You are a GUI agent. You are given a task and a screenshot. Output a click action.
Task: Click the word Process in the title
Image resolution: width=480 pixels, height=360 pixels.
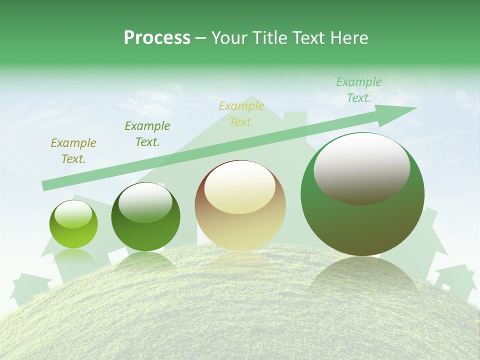(157, 38)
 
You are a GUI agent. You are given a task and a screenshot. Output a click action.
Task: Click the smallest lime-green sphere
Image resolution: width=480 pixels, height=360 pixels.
(73, 225)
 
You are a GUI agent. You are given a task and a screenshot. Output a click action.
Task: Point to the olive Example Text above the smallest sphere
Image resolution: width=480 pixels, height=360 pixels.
(73, 151)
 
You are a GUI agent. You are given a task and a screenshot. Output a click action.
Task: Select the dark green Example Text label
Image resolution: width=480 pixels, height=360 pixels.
(147, 134)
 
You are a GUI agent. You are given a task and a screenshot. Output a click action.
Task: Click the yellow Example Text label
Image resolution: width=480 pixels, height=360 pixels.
(241, 114)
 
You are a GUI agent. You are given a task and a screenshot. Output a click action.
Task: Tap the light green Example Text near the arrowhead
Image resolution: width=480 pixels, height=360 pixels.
(359, 90)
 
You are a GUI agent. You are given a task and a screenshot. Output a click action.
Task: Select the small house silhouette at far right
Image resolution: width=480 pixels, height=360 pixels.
(456, 280)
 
